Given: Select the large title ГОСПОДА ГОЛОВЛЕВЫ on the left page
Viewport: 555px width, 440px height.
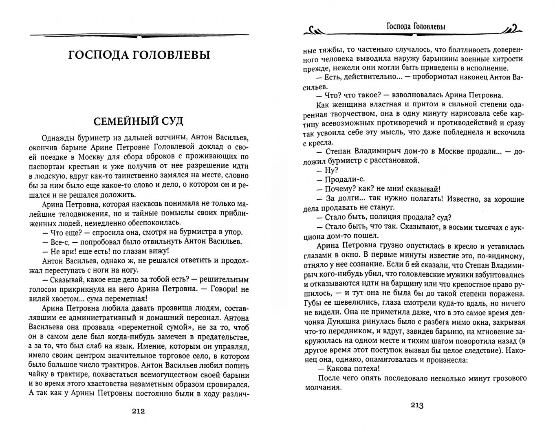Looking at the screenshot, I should point(139,55).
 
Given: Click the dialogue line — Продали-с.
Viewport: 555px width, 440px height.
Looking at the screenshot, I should point(341,179).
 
